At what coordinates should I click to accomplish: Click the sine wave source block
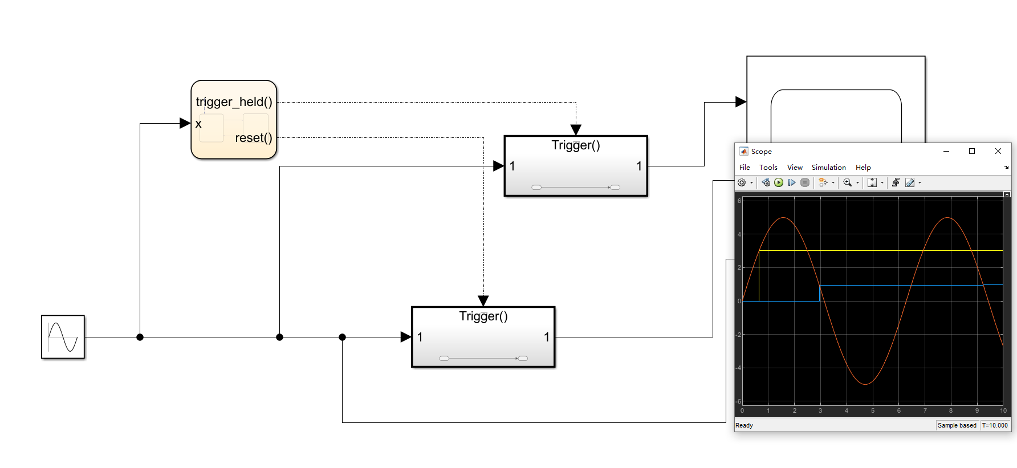63,337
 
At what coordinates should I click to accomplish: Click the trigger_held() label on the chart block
234,102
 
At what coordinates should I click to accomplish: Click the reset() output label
253,138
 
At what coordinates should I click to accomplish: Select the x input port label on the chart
198,124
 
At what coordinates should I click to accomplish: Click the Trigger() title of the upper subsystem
576,145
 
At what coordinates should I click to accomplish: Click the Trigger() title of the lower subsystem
483,316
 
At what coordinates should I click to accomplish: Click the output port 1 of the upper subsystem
639,166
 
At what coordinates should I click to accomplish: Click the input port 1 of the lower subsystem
420,337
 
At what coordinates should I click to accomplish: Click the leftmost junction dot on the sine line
140,337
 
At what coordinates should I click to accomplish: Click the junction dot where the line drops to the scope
342,337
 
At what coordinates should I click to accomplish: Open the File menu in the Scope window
745,168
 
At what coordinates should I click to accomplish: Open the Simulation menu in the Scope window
828,168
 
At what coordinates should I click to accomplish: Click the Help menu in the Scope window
863,168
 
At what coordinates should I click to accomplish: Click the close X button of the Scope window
998,151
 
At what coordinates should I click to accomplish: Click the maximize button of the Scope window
972,151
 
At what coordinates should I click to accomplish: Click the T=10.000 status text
995,425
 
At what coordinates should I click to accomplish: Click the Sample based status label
957,425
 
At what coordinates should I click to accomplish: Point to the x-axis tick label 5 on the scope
872,410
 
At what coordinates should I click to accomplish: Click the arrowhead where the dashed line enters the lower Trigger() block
483,301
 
